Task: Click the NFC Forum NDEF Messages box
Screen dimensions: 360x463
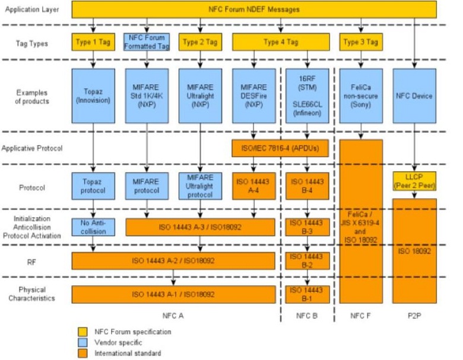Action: coord(254,9)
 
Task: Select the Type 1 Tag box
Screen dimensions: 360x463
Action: coord(93,42)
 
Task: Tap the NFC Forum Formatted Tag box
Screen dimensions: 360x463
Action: coord(147,42)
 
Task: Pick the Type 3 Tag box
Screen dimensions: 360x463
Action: coord(360,42)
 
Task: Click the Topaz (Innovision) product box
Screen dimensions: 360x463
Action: coord(93,95)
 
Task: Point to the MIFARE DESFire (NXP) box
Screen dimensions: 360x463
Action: coord(253,95)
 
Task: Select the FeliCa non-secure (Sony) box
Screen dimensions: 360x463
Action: coord(361,95)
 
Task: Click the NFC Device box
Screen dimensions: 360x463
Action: coord(414,95)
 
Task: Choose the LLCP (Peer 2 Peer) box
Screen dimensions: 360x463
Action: coord(414,181)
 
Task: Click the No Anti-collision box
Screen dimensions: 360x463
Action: coord(93,227)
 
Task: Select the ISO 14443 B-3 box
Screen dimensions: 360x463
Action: coord(307,227)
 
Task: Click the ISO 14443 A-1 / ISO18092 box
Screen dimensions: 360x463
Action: coord(173,294)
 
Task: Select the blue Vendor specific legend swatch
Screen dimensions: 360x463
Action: coord(83,342)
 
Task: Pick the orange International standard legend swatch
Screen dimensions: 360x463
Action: coord(83,353)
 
